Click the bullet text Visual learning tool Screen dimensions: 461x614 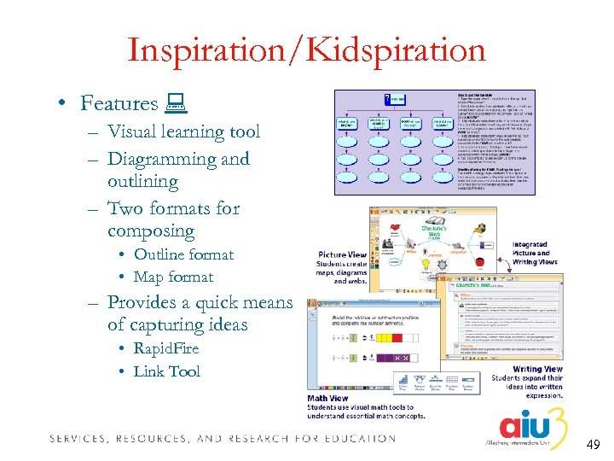(x=183, y=131)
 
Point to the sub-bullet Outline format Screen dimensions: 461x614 (x=183, y=254)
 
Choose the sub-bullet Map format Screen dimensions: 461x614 (x=173, y=277)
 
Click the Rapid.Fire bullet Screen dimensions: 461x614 (x=166, y=348)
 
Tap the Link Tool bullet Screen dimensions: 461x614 (x=166, y=371)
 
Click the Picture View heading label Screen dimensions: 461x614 (x=342, y=254)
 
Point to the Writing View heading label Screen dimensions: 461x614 (x=537, y=370)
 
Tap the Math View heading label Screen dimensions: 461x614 (x=328, y=398)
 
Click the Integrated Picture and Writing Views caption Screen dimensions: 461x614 (x=535, y=254)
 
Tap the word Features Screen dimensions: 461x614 (x=119, y=103)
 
